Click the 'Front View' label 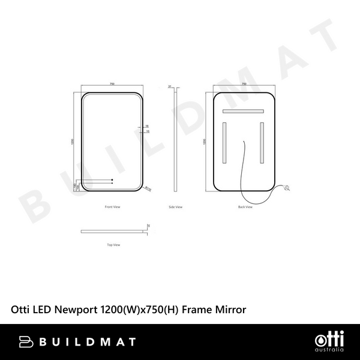click(113, 206)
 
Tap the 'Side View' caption click(175, 206)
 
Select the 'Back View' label click(245, 206)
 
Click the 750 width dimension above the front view click(113, 85)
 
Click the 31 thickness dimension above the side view click(170, 86)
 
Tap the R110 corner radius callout click(147, 188)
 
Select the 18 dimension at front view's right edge click(147, 126)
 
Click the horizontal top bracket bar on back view click(244, 111)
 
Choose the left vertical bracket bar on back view click(225, 143)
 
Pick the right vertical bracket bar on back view click(262, 143)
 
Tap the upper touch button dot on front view click(113, 179)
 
